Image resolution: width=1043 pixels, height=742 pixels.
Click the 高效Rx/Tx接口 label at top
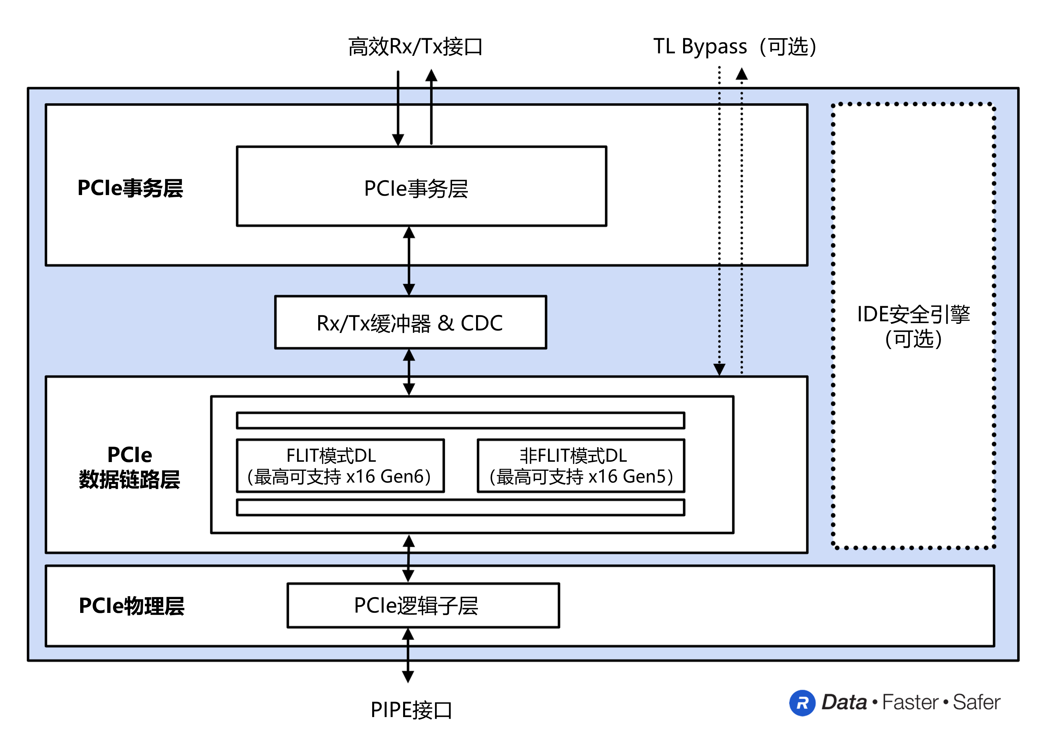coord(415,47)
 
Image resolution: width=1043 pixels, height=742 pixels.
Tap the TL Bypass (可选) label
coord(734,47)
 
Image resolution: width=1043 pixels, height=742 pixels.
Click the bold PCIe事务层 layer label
coord(130,188)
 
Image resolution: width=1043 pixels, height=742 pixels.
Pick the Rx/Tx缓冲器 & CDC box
coord(410,323)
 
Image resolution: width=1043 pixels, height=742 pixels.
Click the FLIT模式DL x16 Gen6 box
coord(340,466)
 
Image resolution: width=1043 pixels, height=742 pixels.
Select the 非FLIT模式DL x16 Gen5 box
coord(580,466)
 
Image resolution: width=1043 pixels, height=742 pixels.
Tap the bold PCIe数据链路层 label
coord(130,467)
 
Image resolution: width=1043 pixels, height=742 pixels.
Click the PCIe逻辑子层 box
coord(423,605)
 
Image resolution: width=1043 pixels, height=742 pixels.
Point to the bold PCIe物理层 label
coord(132,606)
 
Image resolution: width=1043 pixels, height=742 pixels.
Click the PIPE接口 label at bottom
coord(411,709)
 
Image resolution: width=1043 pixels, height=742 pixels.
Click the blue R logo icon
coord(802,703)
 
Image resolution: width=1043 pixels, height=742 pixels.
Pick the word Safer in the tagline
coord(976,702)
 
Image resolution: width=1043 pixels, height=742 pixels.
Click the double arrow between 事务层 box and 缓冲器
coord(409,261)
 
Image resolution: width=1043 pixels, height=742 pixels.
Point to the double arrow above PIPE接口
coord(408,656)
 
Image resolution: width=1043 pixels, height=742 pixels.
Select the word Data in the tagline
coord(844,702)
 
